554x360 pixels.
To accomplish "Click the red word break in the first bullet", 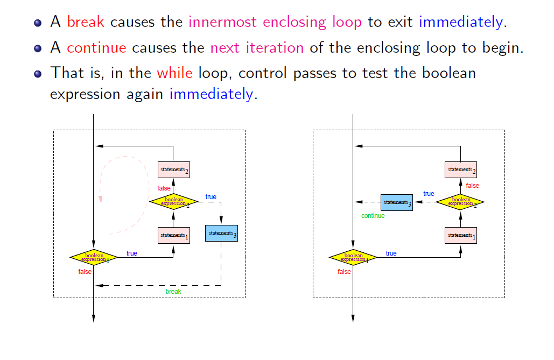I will (86, 23).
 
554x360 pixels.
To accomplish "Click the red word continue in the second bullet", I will (96, 47).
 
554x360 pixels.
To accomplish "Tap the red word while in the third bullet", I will (174, 73).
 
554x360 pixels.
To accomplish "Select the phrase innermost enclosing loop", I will (275, 23).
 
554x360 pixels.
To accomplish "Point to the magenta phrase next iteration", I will (257, 47).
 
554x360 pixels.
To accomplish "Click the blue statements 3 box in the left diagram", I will (221, 233).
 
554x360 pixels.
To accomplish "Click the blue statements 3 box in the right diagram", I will (397, 202).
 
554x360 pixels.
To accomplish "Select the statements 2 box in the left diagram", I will (173, 170).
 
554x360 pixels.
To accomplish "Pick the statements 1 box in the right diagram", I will (460, 235).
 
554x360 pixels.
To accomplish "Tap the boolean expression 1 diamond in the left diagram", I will (94, 257).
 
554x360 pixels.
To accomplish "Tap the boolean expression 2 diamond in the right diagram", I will (460, 202).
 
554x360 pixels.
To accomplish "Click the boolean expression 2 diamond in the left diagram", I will (173, 202).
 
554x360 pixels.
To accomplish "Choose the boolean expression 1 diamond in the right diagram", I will (353, 257).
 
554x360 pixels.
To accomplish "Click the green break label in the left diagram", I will (173, 292).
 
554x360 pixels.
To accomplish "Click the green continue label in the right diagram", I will (373, 216).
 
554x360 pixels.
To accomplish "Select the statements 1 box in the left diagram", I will (173, 235).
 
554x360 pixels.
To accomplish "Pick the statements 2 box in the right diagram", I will (460, 170).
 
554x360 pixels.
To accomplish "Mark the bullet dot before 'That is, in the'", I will (37, 73).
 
